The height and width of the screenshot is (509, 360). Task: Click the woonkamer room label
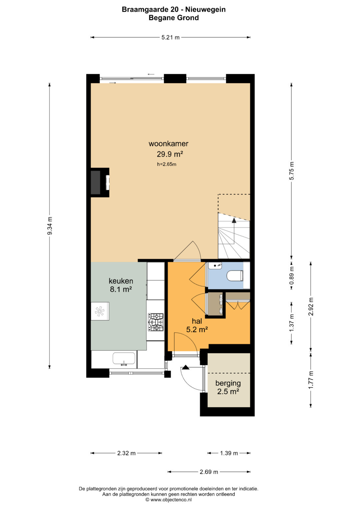pyautogui.click(x=168, y=144)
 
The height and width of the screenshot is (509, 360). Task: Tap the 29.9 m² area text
pyautogui.click(x=170, y=154)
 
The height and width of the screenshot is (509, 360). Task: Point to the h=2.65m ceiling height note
pyautogui.click(x=167, y=164)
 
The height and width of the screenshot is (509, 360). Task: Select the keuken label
pyautogui.click(x=121, y=281)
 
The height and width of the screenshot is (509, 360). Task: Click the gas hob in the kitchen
pyautogui.click(x=156, y=322)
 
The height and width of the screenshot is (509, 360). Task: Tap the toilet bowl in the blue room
pyautogui.click(x=235, y=276)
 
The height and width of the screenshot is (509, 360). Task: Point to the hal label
pyautogui.click(x=197, y=321)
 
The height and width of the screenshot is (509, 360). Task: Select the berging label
pyautogui.click(x=228, y=383)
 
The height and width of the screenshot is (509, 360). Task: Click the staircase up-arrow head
pyautogui.click(x=234, y=220)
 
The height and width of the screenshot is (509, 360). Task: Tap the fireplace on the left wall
pyautogui.click(x=100, y=182)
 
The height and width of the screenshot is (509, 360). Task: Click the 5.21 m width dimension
pyautogui.click(x=170, y=37)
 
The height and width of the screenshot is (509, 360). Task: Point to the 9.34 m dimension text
pyautogui.click(x=50, y=226)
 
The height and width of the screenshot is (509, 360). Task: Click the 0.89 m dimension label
pyautogui.click(x=291, y=275)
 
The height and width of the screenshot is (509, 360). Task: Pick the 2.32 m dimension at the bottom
pyautogui.click(x=126, y=453)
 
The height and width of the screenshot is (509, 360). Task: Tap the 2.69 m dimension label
pyautogui.click(x=209, y=472)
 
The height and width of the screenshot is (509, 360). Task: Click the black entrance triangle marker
pyautogui.click(x=186, y=367)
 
